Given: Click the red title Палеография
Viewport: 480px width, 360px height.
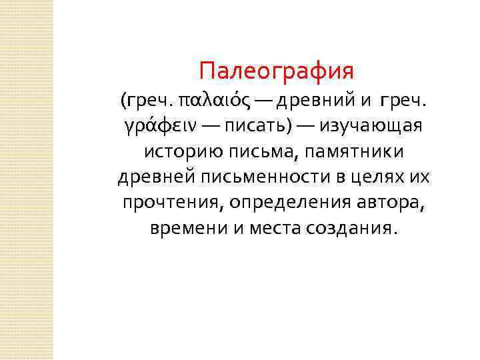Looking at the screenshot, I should click(x=276, y=69).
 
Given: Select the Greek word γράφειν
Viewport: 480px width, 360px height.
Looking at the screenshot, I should click(x=150, y=126).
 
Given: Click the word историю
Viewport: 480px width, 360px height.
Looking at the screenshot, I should click(x=177, y=151).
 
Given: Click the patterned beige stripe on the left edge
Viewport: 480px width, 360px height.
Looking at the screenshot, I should click(x=26, y=180).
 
